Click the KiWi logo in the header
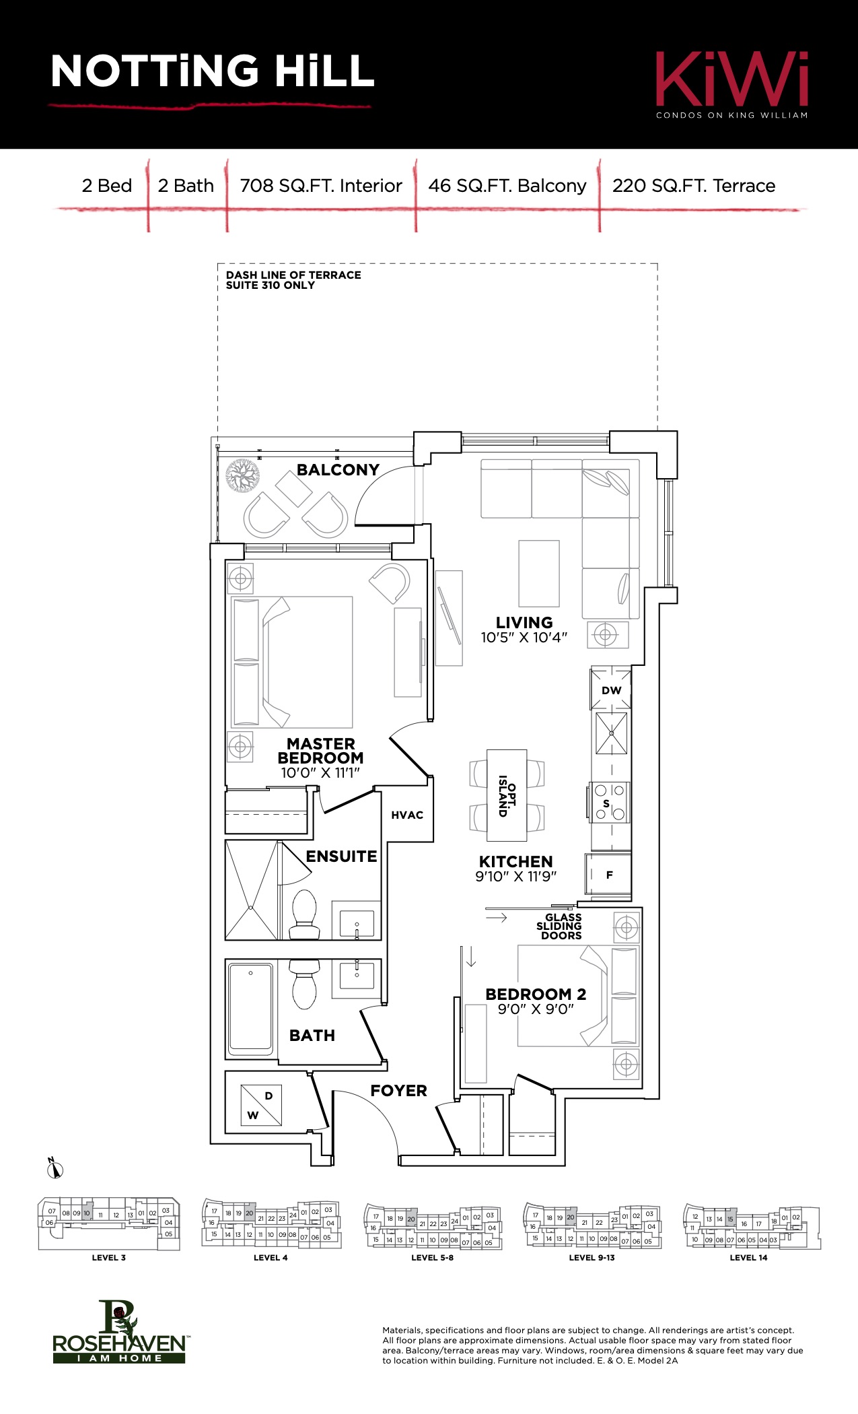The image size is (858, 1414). (x=732, y=85)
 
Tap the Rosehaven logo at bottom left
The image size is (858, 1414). (x=120, y=1331)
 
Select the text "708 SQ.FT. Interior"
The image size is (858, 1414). (x=321, y=186)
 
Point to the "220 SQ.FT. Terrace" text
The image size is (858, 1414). (x=694, y=186)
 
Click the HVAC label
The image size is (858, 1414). (x=407, y=815)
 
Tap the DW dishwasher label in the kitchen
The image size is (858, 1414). (x=612, y=690)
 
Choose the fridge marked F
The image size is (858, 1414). (x=608, y=875)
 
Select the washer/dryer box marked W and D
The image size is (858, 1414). (x=261, y=1105)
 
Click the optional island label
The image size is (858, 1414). (x=507, y=796)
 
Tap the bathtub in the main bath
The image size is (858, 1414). (x=250, y=1008)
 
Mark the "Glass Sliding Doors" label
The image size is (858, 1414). (x=561, y=927)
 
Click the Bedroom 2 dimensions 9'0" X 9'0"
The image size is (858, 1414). (x=536, y=1009)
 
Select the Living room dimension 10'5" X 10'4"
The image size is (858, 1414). (x=524, y=638)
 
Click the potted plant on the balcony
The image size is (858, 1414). (x=242, y=475)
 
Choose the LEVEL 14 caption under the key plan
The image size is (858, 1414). (x=748, y=1257)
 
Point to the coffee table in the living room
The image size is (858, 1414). (x=539, y=574)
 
